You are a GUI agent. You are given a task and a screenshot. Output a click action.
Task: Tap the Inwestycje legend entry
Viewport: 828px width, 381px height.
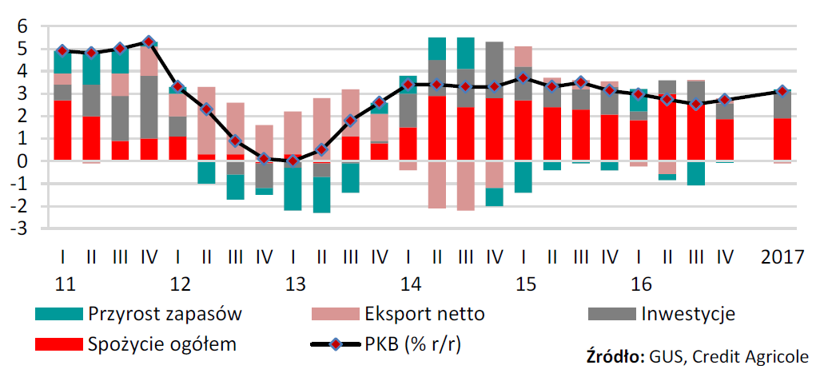click(x=687, y=313)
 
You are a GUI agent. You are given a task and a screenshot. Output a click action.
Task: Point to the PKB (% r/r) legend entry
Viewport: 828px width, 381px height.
click(x=424, y=345)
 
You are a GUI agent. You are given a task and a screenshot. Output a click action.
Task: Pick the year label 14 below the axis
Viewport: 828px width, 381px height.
click(x=410, y=284)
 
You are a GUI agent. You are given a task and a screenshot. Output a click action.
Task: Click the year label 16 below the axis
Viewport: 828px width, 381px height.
click(x=641, y=284)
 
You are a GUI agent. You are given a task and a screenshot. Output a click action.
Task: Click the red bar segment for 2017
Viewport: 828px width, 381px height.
click(x=782, y=139)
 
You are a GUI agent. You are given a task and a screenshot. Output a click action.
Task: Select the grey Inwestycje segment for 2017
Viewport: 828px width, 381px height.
click(x=782, y=105)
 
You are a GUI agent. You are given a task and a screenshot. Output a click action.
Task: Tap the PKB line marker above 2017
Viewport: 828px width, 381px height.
click(x=782, y=91)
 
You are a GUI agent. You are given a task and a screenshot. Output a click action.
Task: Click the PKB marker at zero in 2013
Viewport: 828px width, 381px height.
click(x=293, y=160)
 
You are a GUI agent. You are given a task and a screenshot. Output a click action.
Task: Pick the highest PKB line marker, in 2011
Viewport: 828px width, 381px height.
click(x=148, y=41)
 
